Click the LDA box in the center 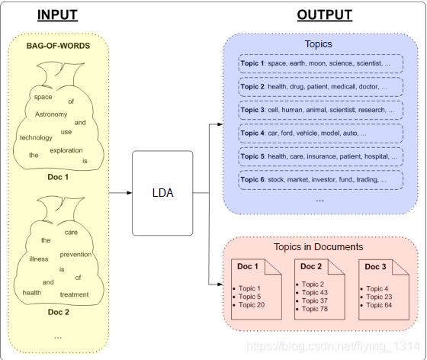click(162, 193)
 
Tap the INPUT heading click(57, 14)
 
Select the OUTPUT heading click(325, 14)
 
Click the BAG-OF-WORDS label click(58, 46)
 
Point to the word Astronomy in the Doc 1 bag click(51, 114)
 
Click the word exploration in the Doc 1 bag click(66, 150)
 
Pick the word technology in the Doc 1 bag click(36, 138)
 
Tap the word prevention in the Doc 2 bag click(75, 255)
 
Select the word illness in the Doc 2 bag click(39, 259)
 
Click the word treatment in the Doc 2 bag click(75, 294)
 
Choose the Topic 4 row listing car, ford click(321, 133)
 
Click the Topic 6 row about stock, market click(321, 180)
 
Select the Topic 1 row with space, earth click(321, 64)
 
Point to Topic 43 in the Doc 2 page click(315, 293)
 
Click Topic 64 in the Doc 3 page click(379, 305)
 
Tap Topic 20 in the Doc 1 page click(252, 305)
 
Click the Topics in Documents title click(319, 247)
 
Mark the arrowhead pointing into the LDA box click(130, 193)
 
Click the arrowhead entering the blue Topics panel click(220, 124)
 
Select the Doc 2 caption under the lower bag click(59, 312)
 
